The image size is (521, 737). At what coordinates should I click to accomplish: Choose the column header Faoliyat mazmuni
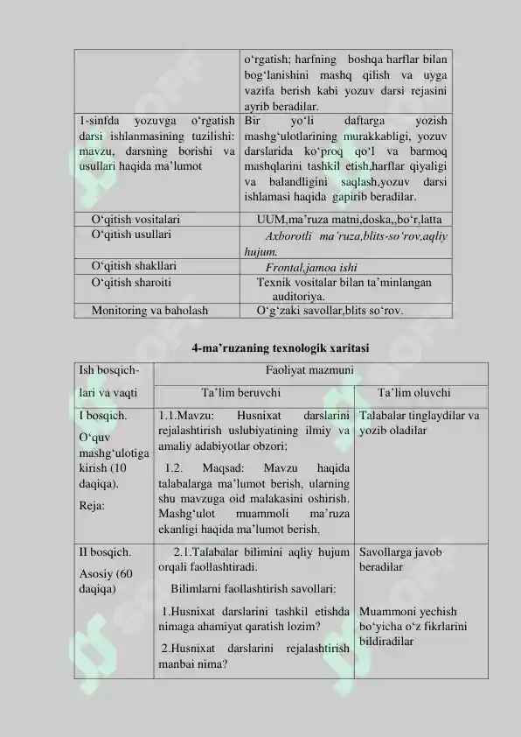pos(303,370)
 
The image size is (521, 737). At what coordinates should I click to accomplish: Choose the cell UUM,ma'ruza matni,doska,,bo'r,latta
pos(349,218)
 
